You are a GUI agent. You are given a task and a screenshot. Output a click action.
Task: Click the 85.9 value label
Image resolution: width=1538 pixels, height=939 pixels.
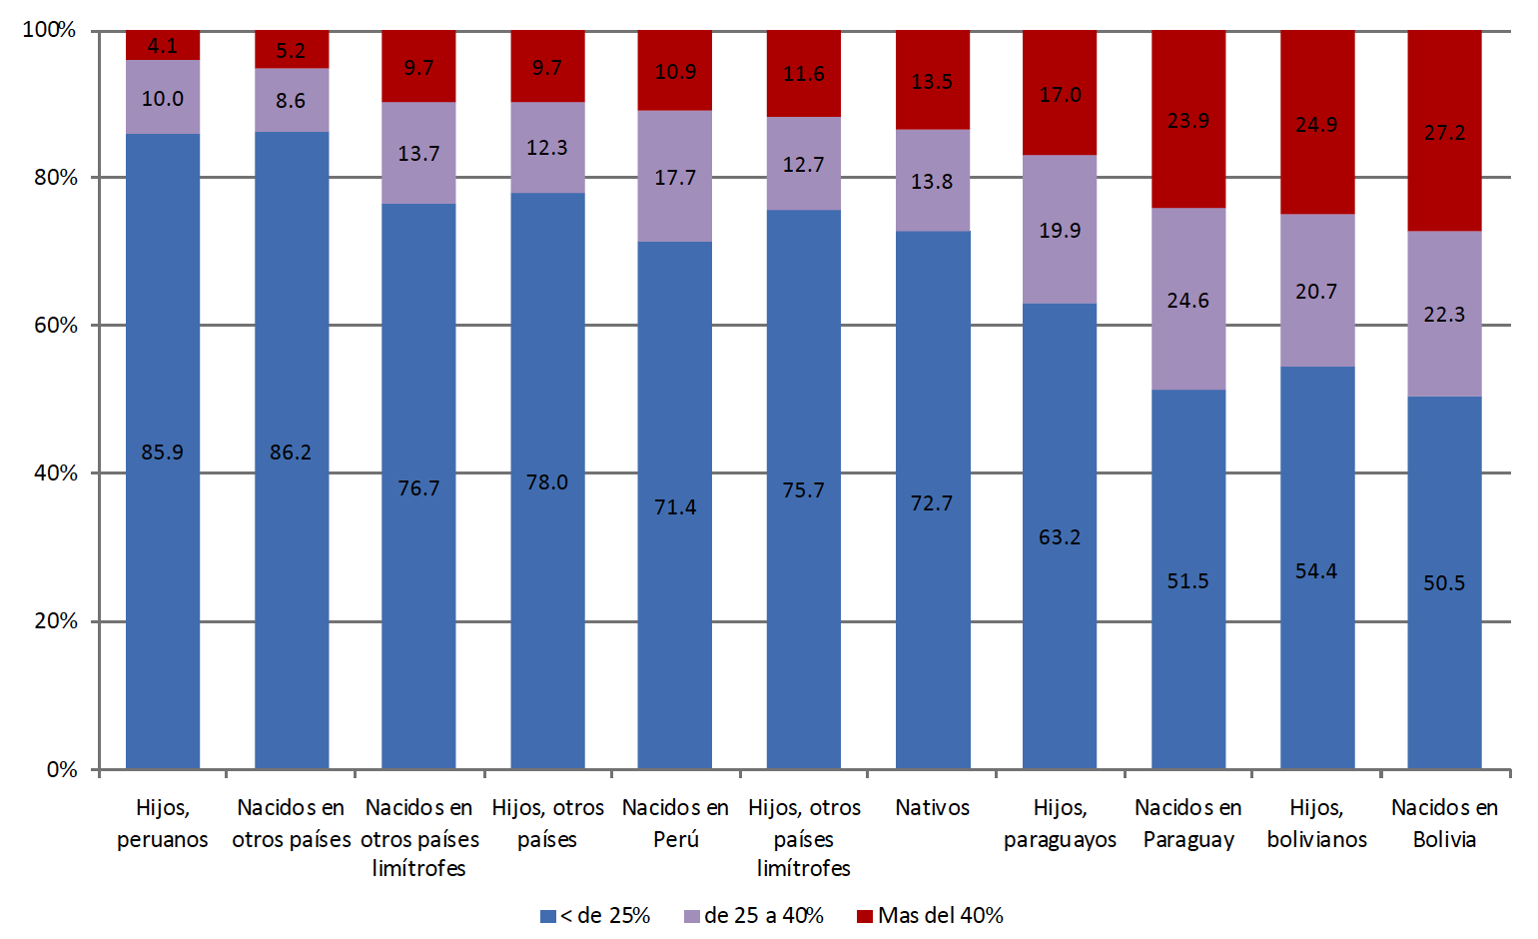tap(162, 453)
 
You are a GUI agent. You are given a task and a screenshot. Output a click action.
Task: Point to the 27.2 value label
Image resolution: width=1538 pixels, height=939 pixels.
tap(1444, 133)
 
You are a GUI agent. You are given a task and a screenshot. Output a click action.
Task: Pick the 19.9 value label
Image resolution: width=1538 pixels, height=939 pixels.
tap(1060, 231)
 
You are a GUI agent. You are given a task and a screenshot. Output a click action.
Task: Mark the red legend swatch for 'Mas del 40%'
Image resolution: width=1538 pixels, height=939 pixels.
tap(865, 916)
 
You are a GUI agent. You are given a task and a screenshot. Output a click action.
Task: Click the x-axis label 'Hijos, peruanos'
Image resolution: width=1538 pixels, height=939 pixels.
tap(162, 823)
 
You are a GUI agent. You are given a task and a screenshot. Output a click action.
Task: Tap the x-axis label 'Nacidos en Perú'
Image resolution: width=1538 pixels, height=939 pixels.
tap(675, 823)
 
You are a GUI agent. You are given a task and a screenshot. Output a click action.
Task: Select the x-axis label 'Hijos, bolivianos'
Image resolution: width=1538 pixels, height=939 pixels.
tap(1316, 823)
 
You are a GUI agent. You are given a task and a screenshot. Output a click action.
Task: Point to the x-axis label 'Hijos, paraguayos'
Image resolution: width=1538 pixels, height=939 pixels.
tap(1060, 823)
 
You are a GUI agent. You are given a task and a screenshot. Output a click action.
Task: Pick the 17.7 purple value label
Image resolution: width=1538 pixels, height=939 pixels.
tap(675, 178)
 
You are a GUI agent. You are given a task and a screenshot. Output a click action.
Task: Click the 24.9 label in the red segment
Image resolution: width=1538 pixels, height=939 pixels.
tap(1316, 125)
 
